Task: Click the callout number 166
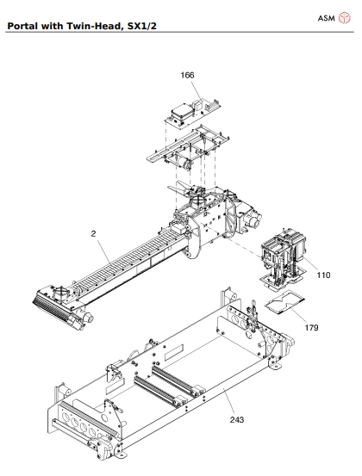pyautogui.click(x=187, y=75)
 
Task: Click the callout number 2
pyautogui.click(x=93, y=233)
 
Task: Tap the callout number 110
pyautogui.click(x=323, y=275)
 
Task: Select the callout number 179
pyautogui.click(x=311, y=328)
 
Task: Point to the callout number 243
pyautogui.click(x=237, y=419)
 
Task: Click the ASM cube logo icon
pyautogui.click(x=345, y=18)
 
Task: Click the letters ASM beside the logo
pyautogui.click(x=326, y=19)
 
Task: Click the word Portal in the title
pyautogui.click(x=23, y=26)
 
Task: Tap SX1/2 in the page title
pyautogui.click(x=142, y=26)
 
